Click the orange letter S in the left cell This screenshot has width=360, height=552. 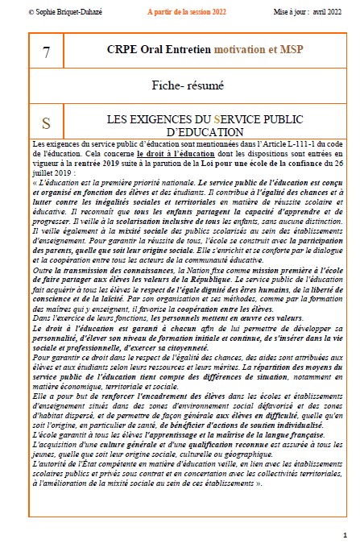[46, 124]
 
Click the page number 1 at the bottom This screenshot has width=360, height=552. [344, 535]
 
